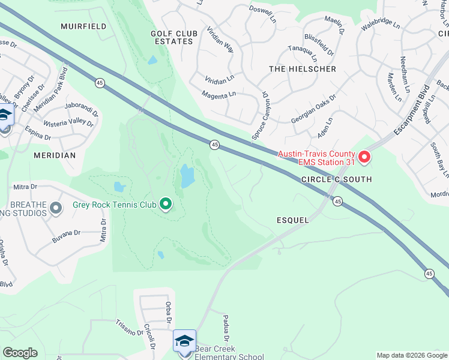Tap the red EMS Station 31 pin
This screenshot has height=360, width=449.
pyautogui.click(x=364, y=158)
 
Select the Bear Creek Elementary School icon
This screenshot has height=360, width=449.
pyautogui.click(x=184, y=341)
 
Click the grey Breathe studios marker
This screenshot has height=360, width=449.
pyautogui.click(x=56, y=209)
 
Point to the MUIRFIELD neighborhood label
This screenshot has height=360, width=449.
pyautogui.click(x=84, y=26)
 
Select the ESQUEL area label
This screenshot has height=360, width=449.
pyautogui.click(x=294, y=220)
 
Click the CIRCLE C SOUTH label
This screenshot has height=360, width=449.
pyautogui.click(x=336, y=179)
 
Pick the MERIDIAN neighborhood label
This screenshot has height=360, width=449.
pyautogui.click(x=55, y=155)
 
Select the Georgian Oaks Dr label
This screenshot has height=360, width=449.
pyautogui.click(x=313, y=108)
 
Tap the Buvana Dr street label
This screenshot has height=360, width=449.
pyautogui.click(x=66, y=233)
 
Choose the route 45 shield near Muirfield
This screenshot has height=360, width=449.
pyautogui.click(x=100, y=82)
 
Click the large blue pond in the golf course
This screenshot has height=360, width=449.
pyautogui.click(x=187, y=176)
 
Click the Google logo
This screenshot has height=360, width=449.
pyautogui.click(x=20, y=353)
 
